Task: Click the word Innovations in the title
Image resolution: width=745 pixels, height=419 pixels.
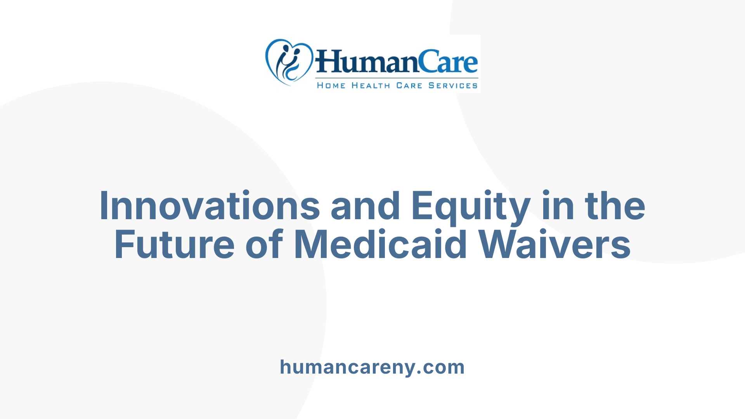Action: coord(210,206)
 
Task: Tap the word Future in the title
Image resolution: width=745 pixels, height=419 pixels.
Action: coord(174,245)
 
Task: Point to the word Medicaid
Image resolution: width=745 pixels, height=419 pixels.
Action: coord(380,245)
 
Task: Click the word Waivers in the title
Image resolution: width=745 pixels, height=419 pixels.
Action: coord(554,245)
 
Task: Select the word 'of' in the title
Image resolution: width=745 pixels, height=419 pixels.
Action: coord(264,245)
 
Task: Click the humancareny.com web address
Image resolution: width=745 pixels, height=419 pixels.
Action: coord(372,367)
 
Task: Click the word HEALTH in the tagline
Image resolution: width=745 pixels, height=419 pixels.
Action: coord(371,86)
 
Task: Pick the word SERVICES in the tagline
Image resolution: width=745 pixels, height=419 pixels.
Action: coord(453,86)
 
